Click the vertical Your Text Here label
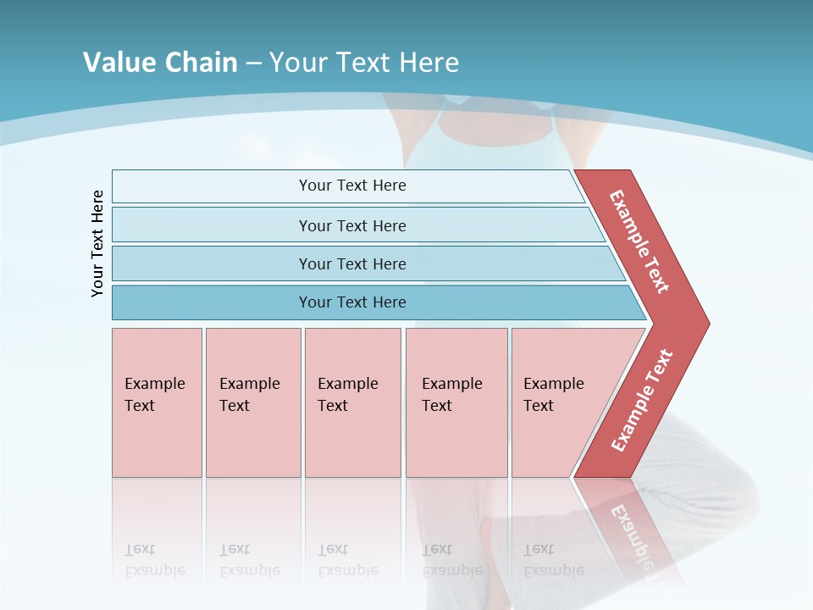(x=97, y=244)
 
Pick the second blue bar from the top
(x=351, y=225)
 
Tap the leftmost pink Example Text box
(x=157, y=402)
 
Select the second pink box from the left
(x=253, y=402)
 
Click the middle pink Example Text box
(x=352, y=402)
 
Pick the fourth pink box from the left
(x=456, y=402)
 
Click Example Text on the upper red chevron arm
(x=639, y=241)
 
